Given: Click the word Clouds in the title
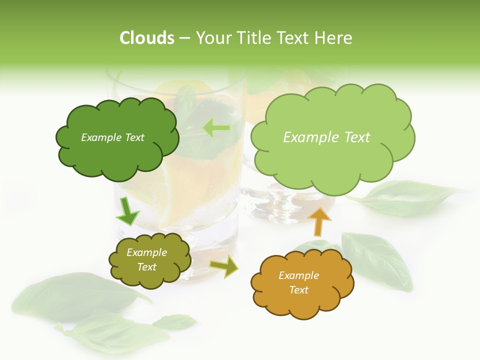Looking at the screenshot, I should point(147,38).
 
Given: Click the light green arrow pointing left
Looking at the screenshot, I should point(216,128).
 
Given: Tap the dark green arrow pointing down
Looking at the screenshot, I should point(127,212).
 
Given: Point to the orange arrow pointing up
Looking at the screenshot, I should point(319,222).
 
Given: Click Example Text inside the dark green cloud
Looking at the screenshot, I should point(112,137).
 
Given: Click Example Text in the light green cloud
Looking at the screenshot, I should point(326,137).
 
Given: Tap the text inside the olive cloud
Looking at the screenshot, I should point(146,260).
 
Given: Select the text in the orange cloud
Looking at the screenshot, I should point(298,282).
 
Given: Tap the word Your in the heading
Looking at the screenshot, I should point(210,38).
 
